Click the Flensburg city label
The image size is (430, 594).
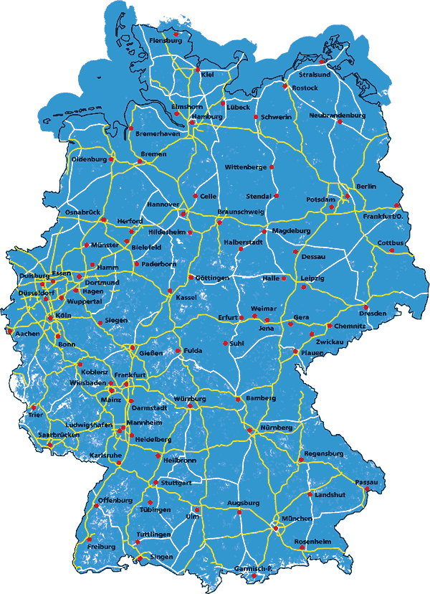pyautogui.click(x=165, y=41)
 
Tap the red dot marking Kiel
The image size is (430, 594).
pyautogui.click(x=198, y=70)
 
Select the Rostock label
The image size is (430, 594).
pyautogui.click(x=305, y=88)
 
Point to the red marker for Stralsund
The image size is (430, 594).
pyautogui.click(x=322, y=62)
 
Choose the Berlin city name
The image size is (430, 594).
pyautogui.click(x=365, y=187)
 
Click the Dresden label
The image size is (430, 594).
pyautogui.click(x=373, y=313)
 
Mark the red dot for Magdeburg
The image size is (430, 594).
pyautogui.click(x=266, y=231)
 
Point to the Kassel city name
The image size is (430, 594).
pyautogui.click(x=185, y=297)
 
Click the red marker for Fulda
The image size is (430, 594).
pyautogui.click(x=178, y=351)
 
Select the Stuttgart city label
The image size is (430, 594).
pyautogui.click(x=176, y=483)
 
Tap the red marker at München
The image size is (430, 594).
pyautogui.click(x=276, y=529)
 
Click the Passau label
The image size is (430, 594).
pyautogui.click(x=365, y=482)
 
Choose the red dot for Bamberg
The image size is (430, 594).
pyautogui.click(x=238, y=399)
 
